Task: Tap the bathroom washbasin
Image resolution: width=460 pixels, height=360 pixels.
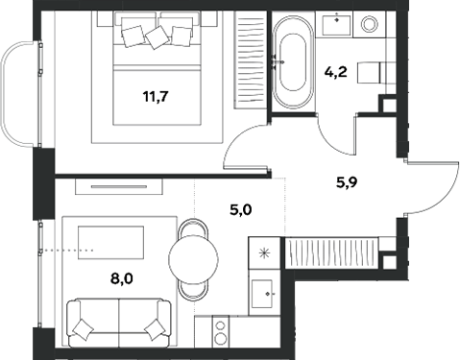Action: coord(340,24)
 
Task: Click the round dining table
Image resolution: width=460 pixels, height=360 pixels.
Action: coord(195,258)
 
